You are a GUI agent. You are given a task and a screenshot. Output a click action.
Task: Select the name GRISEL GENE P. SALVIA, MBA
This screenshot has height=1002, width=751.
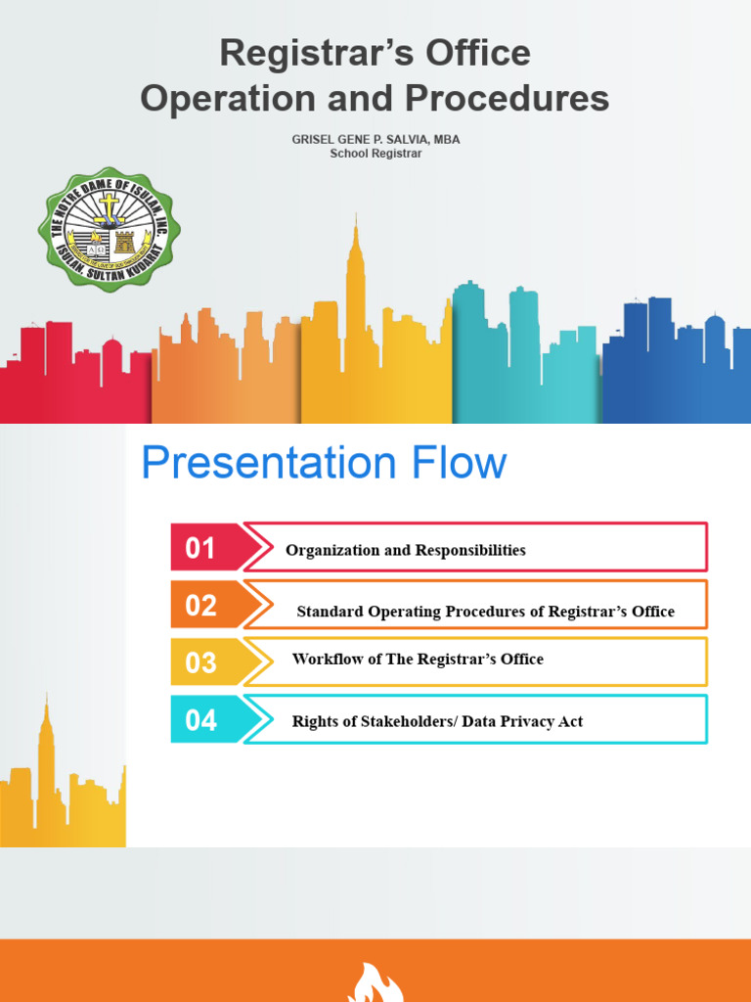tap(375, 139)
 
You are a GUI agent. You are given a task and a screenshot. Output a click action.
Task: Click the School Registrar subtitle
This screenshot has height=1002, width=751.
tap(375, 154)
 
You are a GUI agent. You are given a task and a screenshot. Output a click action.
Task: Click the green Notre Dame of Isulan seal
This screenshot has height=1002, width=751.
tap(109, 227)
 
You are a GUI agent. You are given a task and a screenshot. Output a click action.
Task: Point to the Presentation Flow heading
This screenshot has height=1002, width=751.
tap(324, 463)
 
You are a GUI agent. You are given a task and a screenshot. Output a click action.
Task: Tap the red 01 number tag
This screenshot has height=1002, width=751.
tap(200, 548)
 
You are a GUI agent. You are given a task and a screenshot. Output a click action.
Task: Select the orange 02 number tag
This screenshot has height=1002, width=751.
tap(200, 605)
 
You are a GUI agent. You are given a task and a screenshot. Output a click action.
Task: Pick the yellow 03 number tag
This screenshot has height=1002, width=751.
tap(200, 662)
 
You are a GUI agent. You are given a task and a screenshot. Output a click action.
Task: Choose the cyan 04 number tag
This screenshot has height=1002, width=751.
tap(200, 720)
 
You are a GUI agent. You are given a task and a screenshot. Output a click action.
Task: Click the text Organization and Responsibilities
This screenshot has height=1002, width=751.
tap(405, 550)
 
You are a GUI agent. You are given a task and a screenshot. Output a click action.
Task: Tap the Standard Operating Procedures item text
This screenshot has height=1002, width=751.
tap(485, 612)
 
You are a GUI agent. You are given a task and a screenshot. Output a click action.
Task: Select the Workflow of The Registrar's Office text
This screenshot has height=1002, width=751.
tap(418, 659)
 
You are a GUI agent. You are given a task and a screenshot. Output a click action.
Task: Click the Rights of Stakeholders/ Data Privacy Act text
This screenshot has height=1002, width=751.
tap(437, 721)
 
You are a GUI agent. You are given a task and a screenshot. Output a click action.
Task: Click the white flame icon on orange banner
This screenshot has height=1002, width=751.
tap(375, 983)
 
